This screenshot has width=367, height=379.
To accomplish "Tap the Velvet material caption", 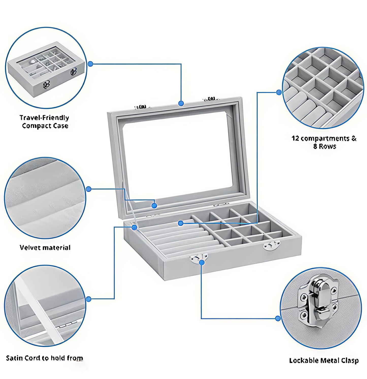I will click(x=45, y=248).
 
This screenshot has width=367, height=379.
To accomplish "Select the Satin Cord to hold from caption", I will click(x=44, y=358).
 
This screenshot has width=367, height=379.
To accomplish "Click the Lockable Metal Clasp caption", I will click(x=324, y=360).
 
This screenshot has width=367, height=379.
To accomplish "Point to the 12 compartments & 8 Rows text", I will click(x=324, y=142).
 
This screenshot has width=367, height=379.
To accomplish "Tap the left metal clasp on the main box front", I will click(x=198, y=258).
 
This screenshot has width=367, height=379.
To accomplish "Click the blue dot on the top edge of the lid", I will click(x=181, y=103).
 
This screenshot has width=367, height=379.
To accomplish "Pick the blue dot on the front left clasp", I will click(x=202, y=262).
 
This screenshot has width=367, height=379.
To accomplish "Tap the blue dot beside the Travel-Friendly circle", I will click(x=90, y=64).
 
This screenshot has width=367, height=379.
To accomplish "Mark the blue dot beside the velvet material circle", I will click(x=88, y=189).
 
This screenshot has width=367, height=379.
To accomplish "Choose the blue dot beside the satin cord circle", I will click(x=88, y=299).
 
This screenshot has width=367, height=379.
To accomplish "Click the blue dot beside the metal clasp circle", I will click(x=278, y=318).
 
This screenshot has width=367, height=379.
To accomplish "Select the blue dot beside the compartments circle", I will click(x=279, y=92).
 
